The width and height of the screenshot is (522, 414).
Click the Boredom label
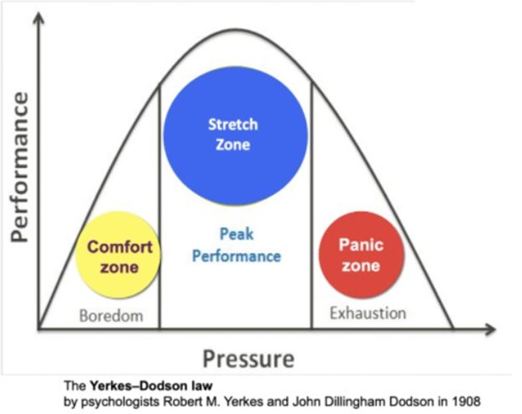point(111,316)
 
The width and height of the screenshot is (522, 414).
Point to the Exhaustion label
point(368,312)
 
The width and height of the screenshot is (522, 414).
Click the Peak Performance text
point(236,245)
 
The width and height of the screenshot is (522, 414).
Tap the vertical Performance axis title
point(19,167)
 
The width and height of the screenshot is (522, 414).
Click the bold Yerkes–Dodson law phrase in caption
point(149,385)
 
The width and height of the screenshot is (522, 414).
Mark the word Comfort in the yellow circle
point(120,247)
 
